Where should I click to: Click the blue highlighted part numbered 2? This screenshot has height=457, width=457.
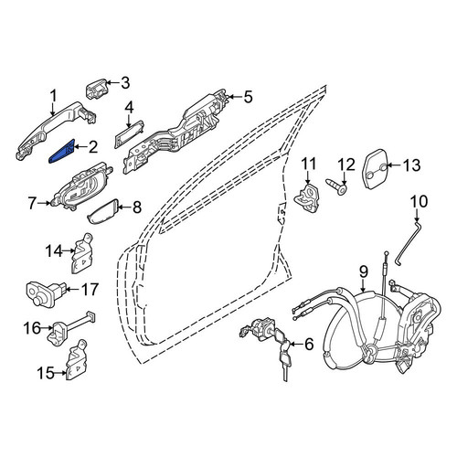point(61,152)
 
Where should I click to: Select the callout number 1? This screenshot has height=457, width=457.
point(54,96)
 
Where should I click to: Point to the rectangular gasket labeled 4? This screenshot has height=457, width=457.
point(129,134)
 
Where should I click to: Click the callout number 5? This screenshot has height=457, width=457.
point(249,97)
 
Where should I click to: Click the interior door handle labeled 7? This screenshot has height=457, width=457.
point(81,187)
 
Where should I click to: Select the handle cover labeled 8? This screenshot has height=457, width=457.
point(103,211)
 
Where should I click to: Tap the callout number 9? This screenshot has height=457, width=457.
point(364,271)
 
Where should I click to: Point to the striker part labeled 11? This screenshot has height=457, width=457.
point(308,198)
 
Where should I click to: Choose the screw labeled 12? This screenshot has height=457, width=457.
point(336,186)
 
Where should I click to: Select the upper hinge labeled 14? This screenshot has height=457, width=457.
point(82,253)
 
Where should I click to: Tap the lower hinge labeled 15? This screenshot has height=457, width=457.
point(77,359)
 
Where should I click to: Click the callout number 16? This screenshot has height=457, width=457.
point(32,328)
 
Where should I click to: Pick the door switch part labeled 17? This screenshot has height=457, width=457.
point(46,293)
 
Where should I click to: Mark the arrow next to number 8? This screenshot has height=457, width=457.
point(124,207)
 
